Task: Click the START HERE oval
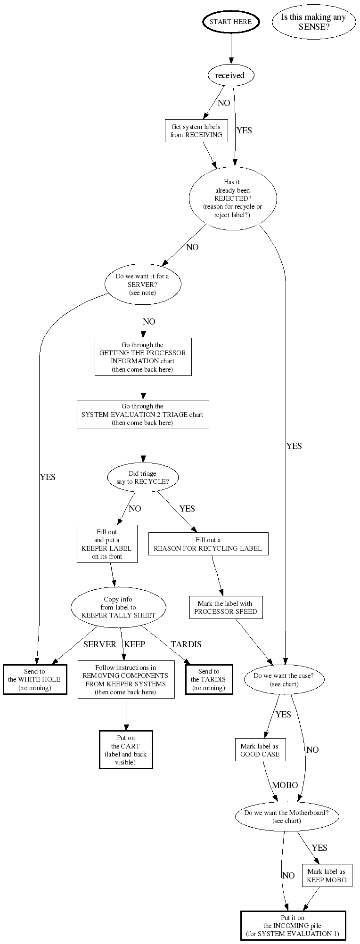(231, 22)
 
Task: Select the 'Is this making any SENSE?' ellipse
(313, 22)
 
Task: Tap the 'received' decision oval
(230, 75)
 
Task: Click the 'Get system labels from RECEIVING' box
(196, 131)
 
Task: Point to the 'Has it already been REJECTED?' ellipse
(232, 198)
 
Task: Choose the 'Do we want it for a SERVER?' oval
(142, 285)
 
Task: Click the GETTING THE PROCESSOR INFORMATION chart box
(143, 357)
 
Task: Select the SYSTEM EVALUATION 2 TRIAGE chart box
(143, 415)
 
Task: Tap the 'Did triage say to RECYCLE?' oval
(143, 478)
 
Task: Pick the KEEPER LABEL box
(107, 544)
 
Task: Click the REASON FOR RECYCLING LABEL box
(208, 544)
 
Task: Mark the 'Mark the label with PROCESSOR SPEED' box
(225, 607)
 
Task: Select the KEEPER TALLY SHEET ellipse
(118, 607)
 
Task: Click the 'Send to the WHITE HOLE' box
(34, 679)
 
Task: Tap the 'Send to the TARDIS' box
(208, 679)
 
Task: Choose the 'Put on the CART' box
(125, 749)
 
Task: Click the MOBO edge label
(285, 785)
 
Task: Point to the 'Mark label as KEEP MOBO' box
(327, 876)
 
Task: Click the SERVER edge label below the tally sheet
(100, 644)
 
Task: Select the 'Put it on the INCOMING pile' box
(293, 926)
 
